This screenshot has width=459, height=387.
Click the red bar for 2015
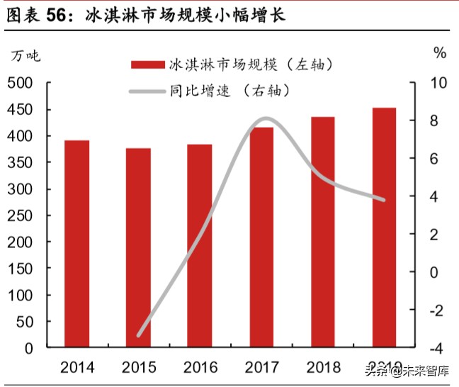point(138,248)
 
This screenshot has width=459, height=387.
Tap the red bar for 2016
point(200,246)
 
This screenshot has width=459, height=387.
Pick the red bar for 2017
point(261,237)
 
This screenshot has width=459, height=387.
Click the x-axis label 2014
point(77,367)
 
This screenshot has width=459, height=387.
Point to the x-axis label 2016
point(200,367)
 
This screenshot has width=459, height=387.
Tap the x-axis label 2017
point(262,367)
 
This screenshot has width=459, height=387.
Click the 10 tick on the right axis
point(439,83)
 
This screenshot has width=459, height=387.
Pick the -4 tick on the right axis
point(436,348)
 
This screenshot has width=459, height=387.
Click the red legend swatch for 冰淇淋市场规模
point(147,65)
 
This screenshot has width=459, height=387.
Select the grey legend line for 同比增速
point(147,91)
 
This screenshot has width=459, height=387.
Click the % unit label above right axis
point(440,53)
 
